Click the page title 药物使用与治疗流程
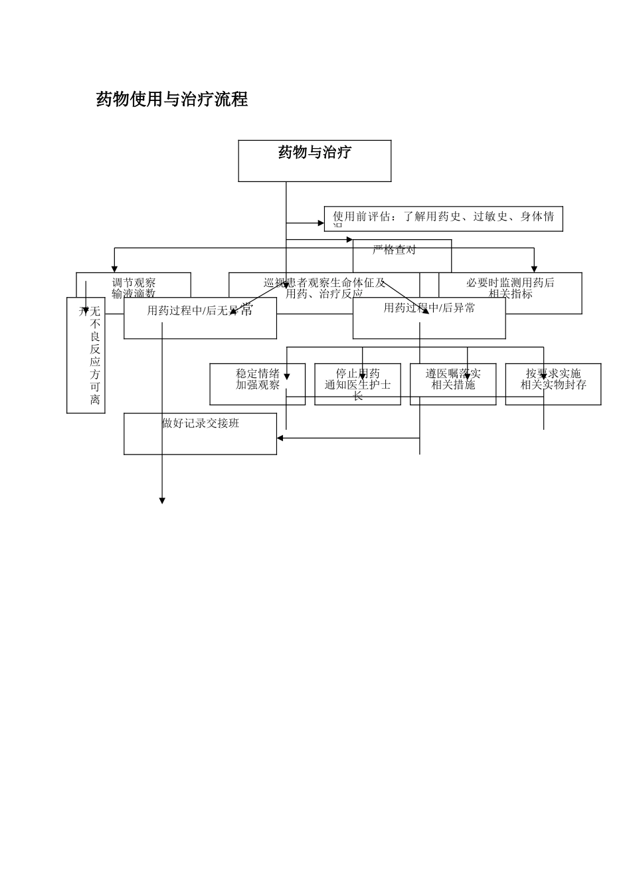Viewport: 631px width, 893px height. (x=172, y=100)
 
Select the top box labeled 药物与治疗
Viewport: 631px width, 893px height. (x=314, y=160)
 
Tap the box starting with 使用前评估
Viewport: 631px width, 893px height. (x=443, y=218)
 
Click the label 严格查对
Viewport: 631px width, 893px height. (x=394, y=250)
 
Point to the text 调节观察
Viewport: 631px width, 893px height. (x=134, y=282)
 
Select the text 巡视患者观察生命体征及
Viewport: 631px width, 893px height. (x=324, y=282)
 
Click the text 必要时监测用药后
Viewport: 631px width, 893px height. (x=510, y=282)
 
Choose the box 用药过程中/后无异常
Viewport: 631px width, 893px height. (x=200, y=318)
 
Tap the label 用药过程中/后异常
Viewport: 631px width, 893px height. (x=429, y=308)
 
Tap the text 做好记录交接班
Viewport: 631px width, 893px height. (x=200, y=423)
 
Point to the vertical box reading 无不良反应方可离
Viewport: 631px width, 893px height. (x=95, y=355)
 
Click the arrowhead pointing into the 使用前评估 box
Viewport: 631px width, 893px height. (x=321, y=223)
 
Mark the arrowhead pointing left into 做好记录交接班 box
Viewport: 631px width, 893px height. (x=280, y=438)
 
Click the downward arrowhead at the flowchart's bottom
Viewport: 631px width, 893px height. (x=162, y=500)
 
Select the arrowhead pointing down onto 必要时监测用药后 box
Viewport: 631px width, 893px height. (x=534, y=269)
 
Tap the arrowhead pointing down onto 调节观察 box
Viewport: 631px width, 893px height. (x=114, y=269)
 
